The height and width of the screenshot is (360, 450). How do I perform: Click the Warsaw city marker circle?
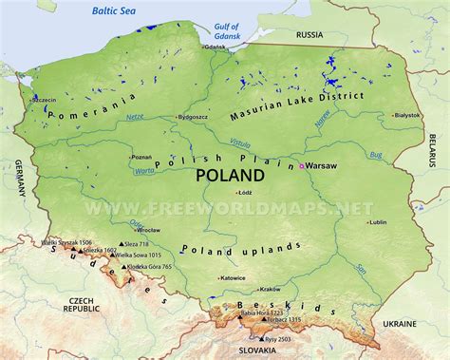(x=303, y=166)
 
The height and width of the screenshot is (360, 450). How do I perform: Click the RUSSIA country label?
(x=309, y=34)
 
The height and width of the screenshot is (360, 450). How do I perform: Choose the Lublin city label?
(x=378, y=222)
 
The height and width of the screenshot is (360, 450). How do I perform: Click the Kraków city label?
(x=271, y=289)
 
